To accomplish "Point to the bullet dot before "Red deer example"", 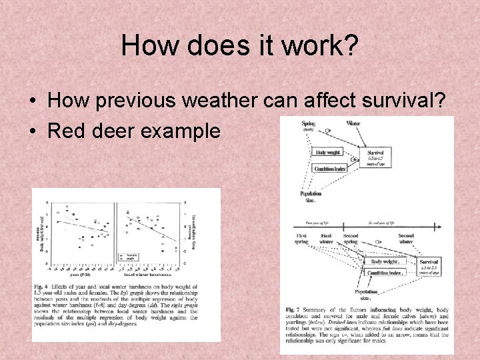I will [x=33, y=131].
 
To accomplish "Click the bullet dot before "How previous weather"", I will [x=33, y=101].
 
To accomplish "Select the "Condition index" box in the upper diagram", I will [x=329, y=169].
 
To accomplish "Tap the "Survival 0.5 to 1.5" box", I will [x=375, y=157].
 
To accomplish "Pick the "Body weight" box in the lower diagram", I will [x=385, y=262].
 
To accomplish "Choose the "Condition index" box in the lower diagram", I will [x=386, y=273].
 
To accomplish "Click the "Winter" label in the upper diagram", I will [x=353, y=123].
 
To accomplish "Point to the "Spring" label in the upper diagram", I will [x=308, y=123].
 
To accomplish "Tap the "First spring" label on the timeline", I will [x=301, y=239].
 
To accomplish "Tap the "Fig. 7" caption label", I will [x=292, y=310].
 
